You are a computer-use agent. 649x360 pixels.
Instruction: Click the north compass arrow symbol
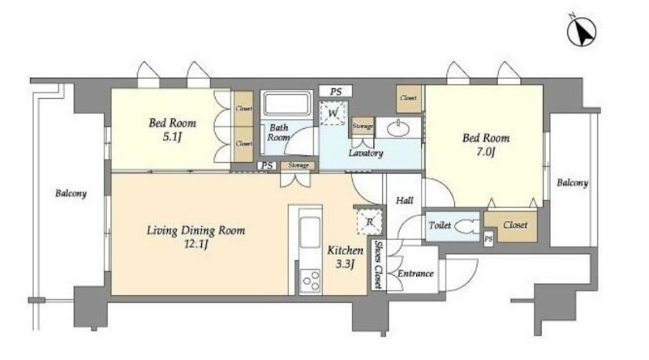[582, 31]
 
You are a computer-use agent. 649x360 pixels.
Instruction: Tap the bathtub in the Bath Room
[287, 104]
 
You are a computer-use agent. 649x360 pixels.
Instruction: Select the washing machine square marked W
[333, 113]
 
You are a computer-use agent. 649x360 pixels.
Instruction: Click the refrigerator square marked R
[369, 222]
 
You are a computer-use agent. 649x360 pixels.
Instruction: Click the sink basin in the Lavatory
[398, 128]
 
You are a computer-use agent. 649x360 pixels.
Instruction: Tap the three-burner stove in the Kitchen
[311, 281]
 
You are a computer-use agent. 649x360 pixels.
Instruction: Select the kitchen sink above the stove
[310, 233]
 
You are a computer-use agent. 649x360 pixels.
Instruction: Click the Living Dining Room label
[196, 230]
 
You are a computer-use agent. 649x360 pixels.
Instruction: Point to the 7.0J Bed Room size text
[485, 152]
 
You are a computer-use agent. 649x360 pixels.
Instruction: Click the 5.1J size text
[172, 136]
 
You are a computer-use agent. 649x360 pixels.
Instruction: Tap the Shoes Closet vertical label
[377, 265]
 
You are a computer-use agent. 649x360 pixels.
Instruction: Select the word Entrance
[415, 273]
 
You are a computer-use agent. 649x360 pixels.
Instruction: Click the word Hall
[404, 201]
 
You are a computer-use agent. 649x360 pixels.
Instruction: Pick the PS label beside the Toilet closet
[489, 239]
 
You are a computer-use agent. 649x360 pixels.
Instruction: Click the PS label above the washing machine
[336, 92]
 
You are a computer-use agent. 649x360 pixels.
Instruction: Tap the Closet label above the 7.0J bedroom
[409, 98]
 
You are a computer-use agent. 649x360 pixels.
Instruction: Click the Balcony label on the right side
[573, 182]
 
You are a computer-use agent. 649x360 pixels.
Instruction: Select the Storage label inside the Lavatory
[363, 126]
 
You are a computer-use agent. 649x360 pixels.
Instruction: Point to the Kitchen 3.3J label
[346, 257]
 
